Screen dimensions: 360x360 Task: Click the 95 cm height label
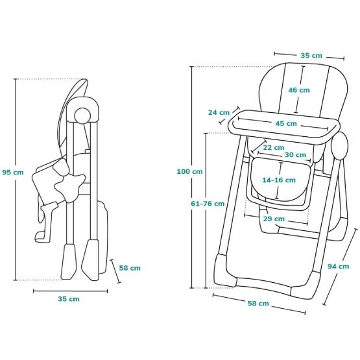point(13,172)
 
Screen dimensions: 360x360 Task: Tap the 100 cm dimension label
point(189,171)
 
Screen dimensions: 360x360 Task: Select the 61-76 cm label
point(208,204)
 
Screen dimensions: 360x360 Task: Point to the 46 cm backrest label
point(299,90)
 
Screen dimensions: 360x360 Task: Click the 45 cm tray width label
point(286,123)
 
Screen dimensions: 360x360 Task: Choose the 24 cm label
point(219,112)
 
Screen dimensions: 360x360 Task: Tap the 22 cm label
point(274,147)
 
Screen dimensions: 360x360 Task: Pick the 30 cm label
point(296,155)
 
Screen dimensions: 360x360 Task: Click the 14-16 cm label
point(279,180)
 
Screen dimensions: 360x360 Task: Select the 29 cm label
point(274,219)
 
